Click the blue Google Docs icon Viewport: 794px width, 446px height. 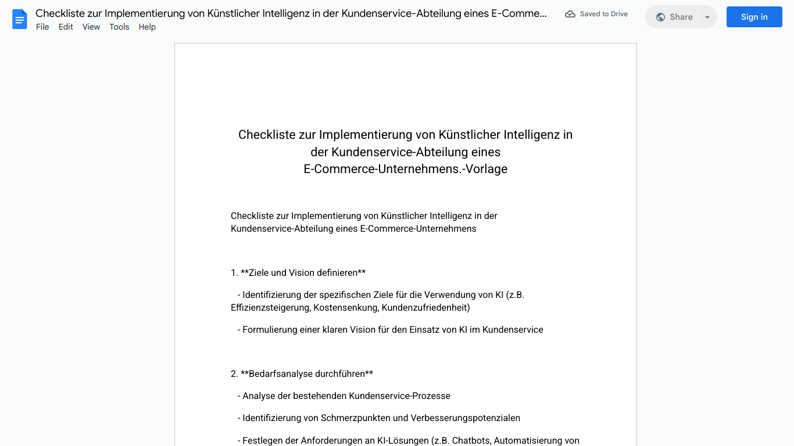(x=20, y=19)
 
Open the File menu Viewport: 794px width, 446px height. (x=42, y=27)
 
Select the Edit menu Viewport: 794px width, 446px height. (x=66, y=27)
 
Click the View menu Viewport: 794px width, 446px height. (x=91, y=27)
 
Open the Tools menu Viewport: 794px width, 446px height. (x=119, y=27)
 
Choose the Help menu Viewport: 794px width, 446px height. (x=147, y=27)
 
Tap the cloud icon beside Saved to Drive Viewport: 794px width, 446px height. (x=570, y=14)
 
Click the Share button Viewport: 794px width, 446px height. (x=674, y=17)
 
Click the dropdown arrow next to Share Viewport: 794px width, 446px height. (x=707, y=17)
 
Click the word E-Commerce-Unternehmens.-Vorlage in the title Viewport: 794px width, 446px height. (x=405, y=169)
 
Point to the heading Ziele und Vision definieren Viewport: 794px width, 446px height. (x=303, y=273)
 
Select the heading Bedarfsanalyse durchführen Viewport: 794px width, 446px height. (x=306, y=374)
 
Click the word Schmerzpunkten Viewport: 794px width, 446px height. (x=356, y=418)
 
